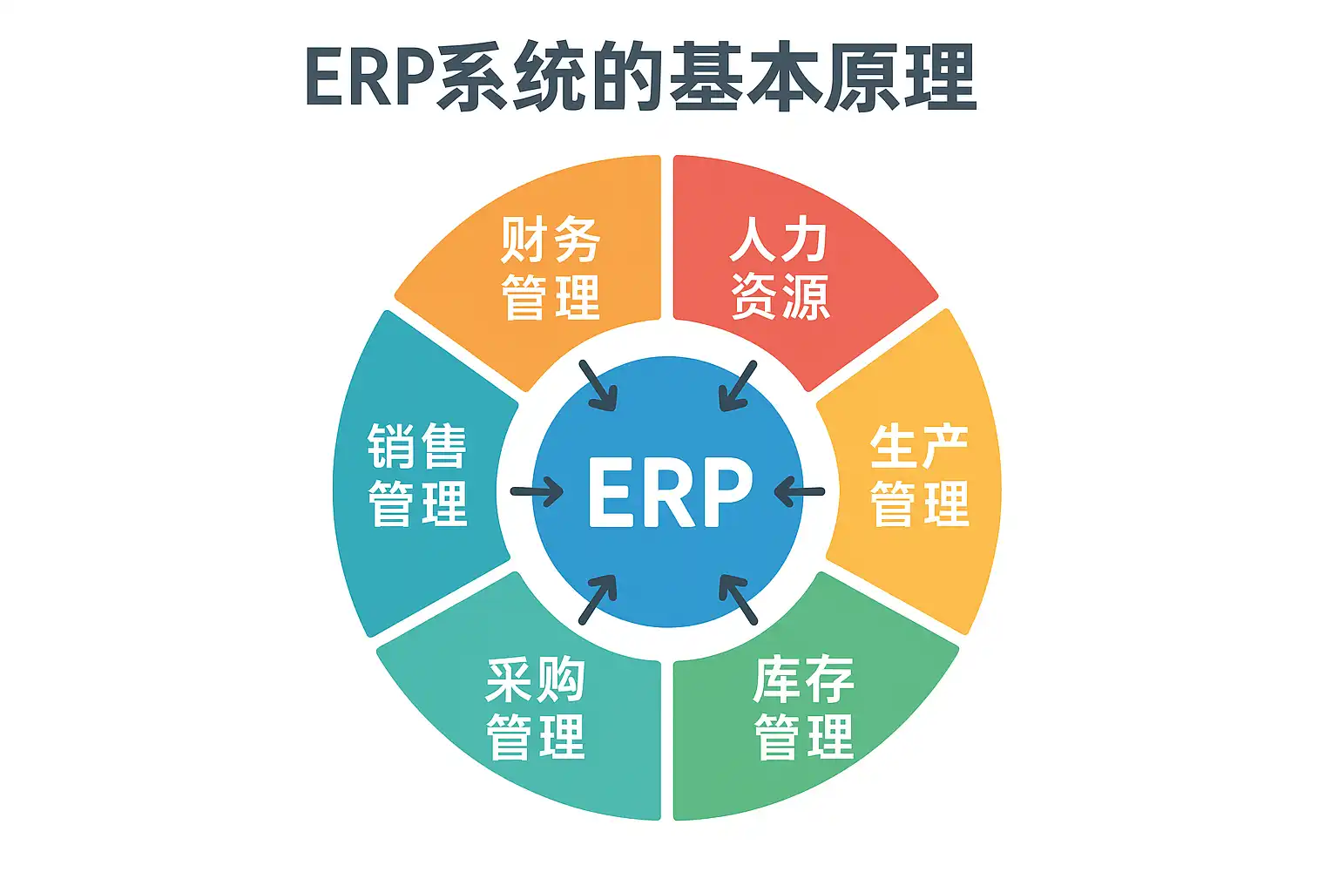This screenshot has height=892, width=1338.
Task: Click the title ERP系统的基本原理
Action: click(641, 78)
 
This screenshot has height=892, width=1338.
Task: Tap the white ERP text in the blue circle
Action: click(669, 492)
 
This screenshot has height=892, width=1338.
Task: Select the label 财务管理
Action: click(551, 268)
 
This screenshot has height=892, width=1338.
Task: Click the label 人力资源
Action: click(780, 268)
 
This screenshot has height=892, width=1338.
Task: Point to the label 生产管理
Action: click(920, 475)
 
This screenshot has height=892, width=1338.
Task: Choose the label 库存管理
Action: click(803, 708)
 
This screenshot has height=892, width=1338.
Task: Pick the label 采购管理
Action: click(536, 708)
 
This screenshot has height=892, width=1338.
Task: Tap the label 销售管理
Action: click(417, 475)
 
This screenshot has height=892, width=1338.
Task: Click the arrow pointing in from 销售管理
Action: click(537, 492)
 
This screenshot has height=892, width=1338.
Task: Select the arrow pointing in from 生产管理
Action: click(799, 492)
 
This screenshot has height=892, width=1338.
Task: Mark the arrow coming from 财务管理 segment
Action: click(598, 386)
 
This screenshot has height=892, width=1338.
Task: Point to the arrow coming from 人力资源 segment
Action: click(737, 386)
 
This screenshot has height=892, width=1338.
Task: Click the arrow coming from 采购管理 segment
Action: click(598, 599)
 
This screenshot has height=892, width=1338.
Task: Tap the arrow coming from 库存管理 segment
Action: click(737, 599)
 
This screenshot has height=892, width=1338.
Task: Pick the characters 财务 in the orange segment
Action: click(551, 240)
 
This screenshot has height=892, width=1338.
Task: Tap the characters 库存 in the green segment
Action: click(803, 680)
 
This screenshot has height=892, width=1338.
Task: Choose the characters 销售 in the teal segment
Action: click(417, 447)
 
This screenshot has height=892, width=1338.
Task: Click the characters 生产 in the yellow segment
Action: click(920, 447)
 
